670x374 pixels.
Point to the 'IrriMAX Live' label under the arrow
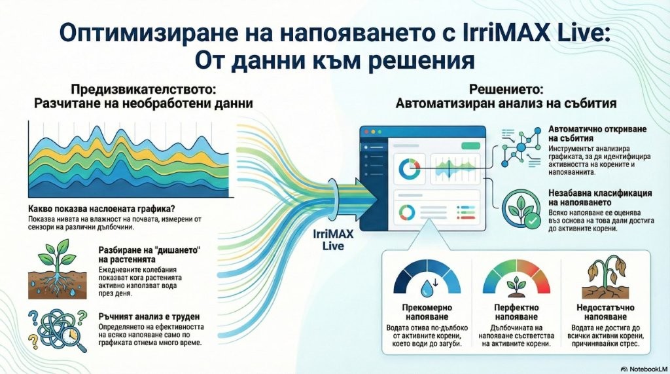pos(328,240)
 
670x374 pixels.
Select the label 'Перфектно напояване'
pos(516,312)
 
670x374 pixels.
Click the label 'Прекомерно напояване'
pos(427,312)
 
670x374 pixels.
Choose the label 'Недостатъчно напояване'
pos(605,312)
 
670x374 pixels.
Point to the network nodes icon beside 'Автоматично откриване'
pos(521,147)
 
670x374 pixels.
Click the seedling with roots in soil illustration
pos(58,269)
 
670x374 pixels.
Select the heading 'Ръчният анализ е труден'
pos(149,316)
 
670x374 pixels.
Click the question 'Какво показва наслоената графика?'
pos(101,209)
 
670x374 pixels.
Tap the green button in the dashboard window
pos(471,146)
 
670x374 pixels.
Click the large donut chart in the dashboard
pos(410,170)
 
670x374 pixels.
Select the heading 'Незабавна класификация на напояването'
pos(600,198)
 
